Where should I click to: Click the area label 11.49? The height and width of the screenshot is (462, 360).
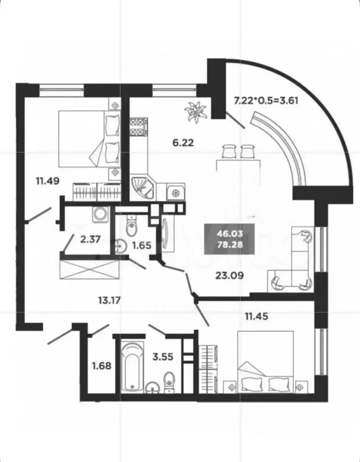pos(47,180)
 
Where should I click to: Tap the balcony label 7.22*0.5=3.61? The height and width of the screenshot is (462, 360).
pos(266,100)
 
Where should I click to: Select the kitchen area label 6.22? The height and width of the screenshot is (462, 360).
pos(183,143)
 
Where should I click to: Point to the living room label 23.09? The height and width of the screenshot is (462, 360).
pos(229,276)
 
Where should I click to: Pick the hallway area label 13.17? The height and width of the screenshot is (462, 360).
pos(109,300)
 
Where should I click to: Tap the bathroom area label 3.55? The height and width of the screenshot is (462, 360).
pos(163,357)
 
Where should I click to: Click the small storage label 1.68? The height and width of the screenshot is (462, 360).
pos(101,366)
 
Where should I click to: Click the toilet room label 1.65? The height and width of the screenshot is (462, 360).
pos(142,245)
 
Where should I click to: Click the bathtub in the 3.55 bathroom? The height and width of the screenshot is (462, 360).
pos(130,367)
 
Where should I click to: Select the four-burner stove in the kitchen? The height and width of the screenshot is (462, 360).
pos(139,127)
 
